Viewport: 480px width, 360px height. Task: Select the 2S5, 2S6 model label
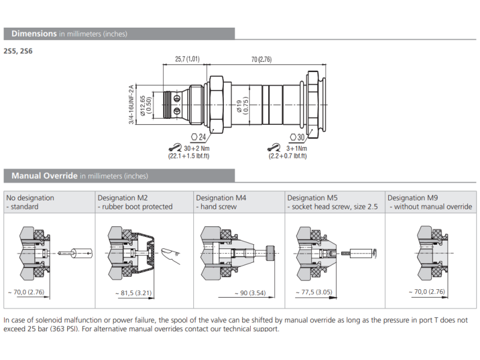pyautogui.click(x=19, y=51)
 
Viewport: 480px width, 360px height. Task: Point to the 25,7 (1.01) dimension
pyautogui.click(x=187, y=59)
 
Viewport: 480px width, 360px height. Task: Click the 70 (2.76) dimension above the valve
pyautogui.click(x=261, y=59)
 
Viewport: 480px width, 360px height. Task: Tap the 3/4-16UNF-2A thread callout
pyautogui.click(x=131, y=105)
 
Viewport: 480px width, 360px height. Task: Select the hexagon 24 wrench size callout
pyautogui.click(x=198, y=137)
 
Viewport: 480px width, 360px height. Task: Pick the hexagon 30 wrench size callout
pyautogui.click(x=297, y=137)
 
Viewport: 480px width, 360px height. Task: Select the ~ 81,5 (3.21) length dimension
pyautogui.click(x=133, y=293)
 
